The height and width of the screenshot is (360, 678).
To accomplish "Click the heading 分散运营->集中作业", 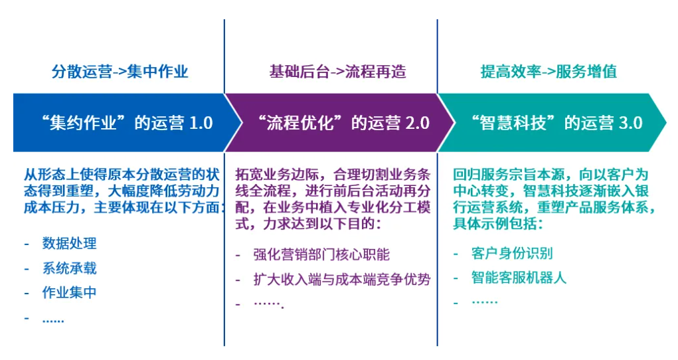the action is coord(120,71).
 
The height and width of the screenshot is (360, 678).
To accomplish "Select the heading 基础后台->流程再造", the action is coord(338,71).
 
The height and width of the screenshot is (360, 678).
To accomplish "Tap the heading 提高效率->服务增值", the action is coord(549,71).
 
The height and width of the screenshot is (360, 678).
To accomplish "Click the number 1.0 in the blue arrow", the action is coord(201,124).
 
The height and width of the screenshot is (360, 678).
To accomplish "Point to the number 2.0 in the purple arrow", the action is coord(418,124).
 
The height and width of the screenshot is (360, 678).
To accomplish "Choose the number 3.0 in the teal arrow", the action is coord(631,124).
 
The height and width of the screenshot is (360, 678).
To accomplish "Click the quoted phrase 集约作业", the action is coord(83,124).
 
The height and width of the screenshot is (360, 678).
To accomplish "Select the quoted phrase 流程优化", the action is coord(300,124).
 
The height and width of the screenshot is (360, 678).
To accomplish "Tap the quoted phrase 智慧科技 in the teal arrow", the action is coord(513,124).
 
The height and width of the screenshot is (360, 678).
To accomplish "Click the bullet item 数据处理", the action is coord(70,243).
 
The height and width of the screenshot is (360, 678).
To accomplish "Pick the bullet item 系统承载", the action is coord(70,268).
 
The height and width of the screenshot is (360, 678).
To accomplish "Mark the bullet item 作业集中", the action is coord(70,292).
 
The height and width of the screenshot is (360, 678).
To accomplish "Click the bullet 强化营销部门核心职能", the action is coord(321,254).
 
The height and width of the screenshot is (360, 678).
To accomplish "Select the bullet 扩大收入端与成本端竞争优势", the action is coord(342,280).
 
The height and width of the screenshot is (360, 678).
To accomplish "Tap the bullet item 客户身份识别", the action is coord(513,253).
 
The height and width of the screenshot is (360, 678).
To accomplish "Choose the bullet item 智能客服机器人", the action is coord(519,278).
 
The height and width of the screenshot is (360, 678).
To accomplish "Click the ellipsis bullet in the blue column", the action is coord(53,321).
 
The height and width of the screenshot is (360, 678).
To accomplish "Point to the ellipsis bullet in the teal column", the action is coord(485,302).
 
